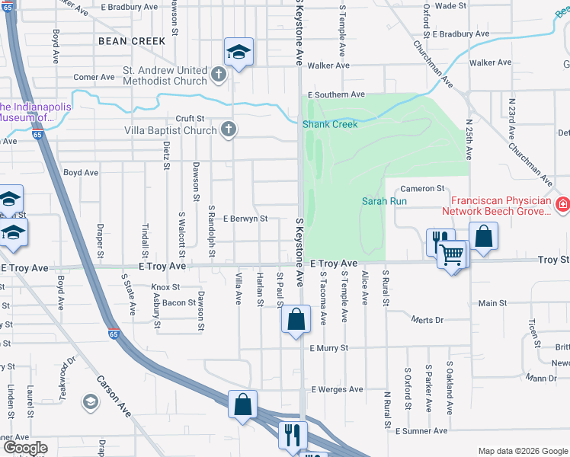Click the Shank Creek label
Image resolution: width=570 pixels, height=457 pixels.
point(330,124)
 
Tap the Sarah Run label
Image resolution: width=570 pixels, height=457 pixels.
point(384,201)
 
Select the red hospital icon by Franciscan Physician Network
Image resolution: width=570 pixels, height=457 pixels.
point(562,204)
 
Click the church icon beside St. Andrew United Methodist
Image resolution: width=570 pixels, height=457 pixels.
point(219,75)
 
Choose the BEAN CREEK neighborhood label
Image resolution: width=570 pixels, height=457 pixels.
point(132,40)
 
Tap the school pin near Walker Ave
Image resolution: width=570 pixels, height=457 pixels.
point(239,53)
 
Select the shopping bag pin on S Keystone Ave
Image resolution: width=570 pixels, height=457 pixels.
point(296,319)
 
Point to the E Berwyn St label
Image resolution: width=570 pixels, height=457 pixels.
point(245,219)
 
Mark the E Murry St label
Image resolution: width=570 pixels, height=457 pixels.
point(328,347)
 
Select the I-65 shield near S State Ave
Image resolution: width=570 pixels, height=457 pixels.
point(114,334)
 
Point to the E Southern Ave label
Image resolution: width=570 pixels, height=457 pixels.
point(336,94)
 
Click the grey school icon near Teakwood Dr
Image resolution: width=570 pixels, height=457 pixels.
point(90,401)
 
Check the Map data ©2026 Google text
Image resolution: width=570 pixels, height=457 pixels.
point(522,451)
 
